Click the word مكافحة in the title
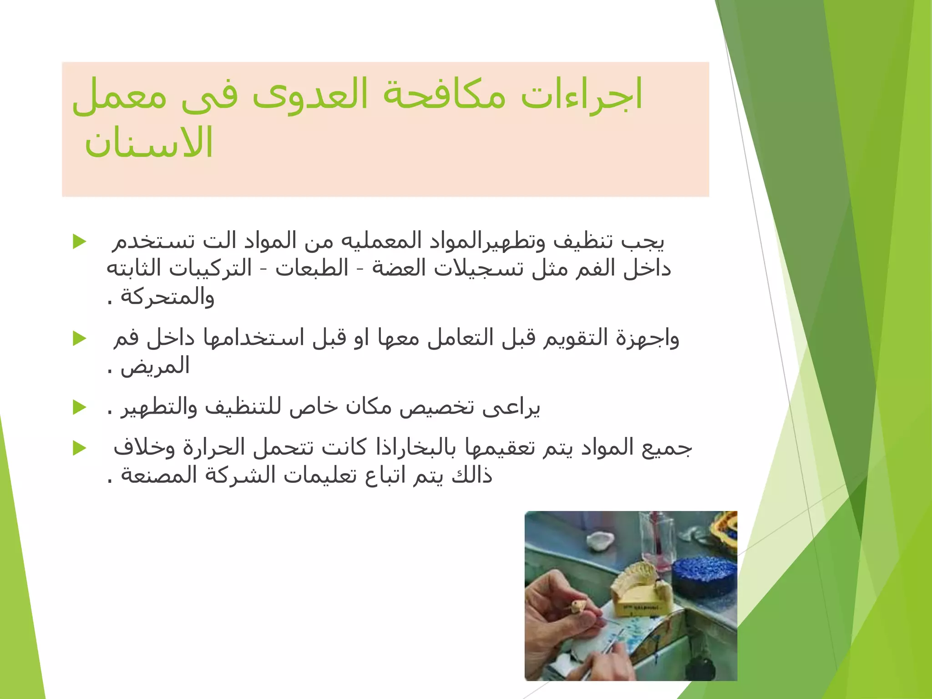(x=444, y=95)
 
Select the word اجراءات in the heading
(x=581, y=95)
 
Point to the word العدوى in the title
(x=310, y=95)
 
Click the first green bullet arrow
(x=80, y=242)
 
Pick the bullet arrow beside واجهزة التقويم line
(x=80, y=339)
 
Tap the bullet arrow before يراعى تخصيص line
(x=80, y=407)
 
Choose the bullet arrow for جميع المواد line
(x=80, y=448)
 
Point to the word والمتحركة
(x=167, y=297)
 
